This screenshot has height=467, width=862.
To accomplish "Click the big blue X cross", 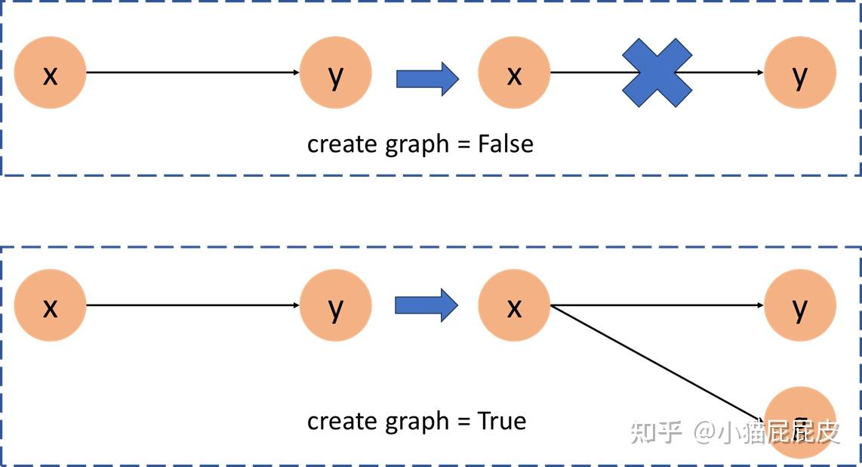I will tap(657, 73).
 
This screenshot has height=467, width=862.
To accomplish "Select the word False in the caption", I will tap(506, 144).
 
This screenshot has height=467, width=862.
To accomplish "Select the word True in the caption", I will tap(502, 421).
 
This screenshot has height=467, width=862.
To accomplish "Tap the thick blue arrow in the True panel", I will tap(426, 305).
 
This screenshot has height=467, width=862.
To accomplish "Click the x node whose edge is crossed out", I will tap(514, 73).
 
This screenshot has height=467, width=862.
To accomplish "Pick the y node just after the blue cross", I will tap(800, 73).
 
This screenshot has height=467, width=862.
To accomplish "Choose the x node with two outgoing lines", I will tap(514, 305).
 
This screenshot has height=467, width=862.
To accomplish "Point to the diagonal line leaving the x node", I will tap(657, 362).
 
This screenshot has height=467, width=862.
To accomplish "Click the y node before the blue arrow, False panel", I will tap(335, 73).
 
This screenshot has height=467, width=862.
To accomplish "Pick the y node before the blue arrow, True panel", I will tap(335, 305).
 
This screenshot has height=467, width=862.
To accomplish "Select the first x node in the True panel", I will tap(50, 305).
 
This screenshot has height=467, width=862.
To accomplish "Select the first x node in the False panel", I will tap(50, 73).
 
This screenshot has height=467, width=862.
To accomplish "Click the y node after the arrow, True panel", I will tap(800, 305).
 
